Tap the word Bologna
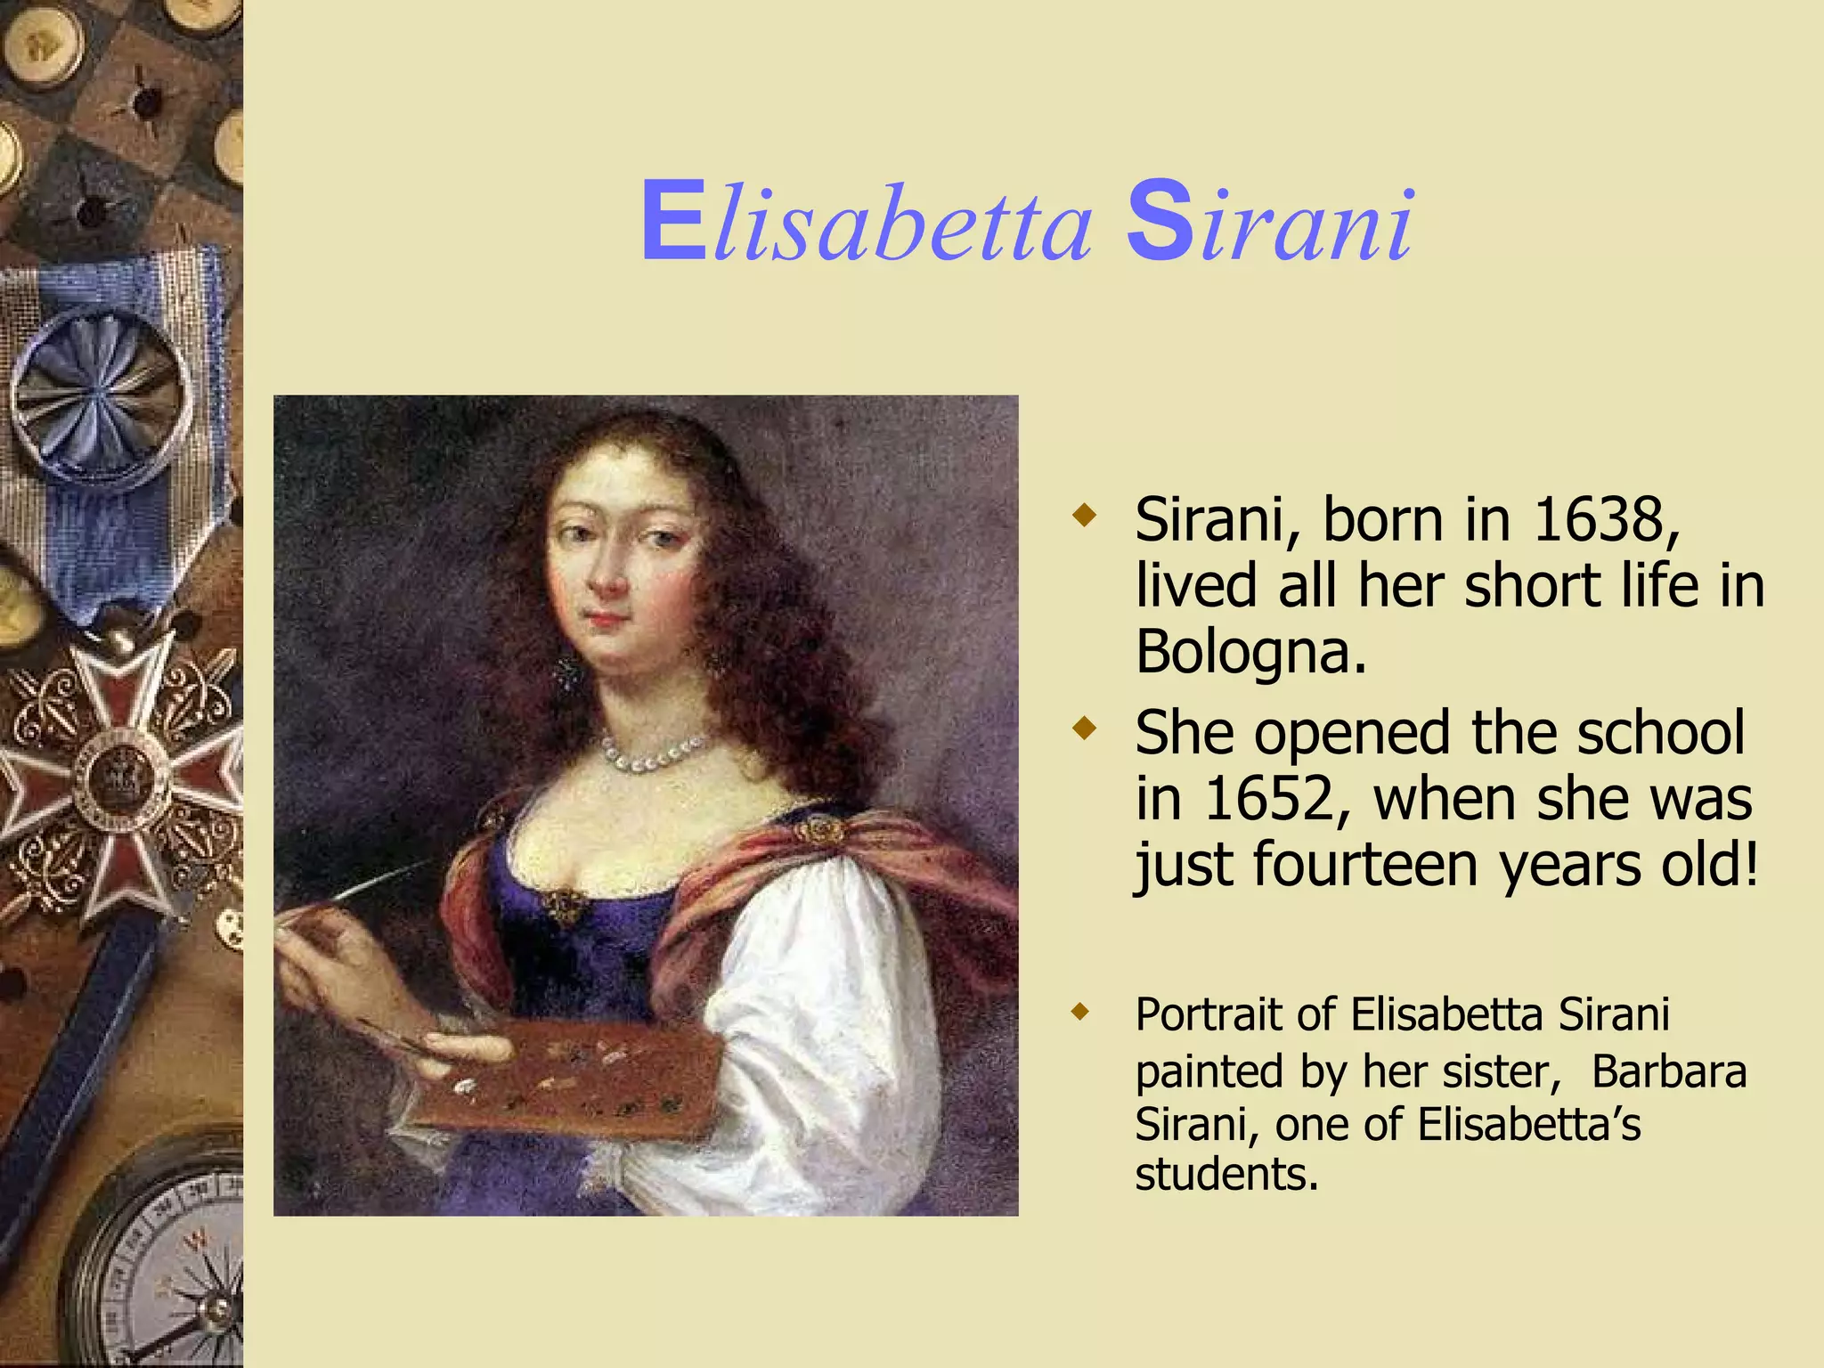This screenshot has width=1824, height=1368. click(x=1250, y=653)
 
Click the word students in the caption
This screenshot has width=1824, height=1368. click(x=1225, y=1175)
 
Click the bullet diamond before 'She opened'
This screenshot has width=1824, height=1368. click(x=1084, y=729)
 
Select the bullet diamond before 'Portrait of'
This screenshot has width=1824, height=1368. click(x=1081, y=1012)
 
